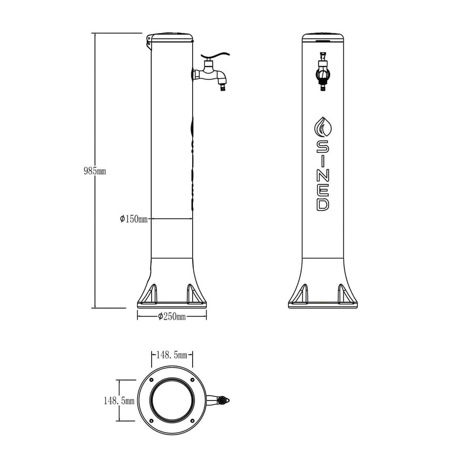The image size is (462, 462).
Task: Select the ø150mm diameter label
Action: (x=133, y=219)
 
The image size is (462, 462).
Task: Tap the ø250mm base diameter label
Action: (x=172, y=317)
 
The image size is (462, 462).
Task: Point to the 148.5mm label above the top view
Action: (x=172, y=355)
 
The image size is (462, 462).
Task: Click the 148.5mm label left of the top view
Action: (x=119, y=401)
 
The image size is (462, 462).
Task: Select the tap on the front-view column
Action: (x=323, y=73)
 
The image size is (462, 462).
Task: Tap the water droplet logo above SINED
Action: (x=323, y=127)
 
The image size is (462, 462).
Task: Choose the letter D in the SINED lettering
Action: (x=323, y=204)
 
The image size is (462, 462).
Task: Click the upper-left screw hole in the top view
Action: (x=152, y=380)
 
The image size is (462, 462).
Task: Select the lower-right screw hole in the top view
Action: (x=192, y=421)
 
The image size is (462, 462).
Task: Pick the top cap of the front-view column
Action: (x=323, y=36)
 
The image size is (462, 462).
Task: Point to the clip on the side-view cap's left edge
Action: (x=148, y=42)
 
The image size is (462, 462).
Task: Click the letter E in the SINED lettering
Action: (x=323, y=189)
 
